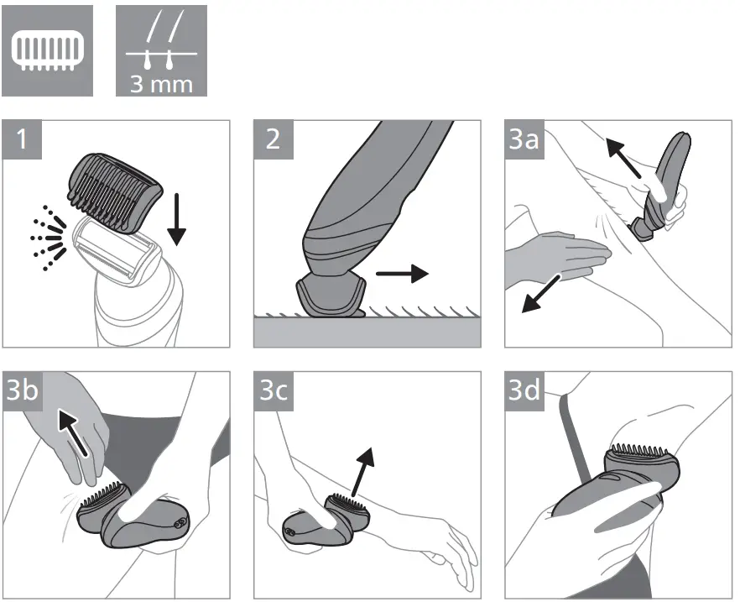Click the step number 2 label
274,139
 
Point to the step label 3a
524,139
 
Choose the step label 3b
23,391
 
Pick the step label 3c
274,391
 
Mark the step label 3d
524,391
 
